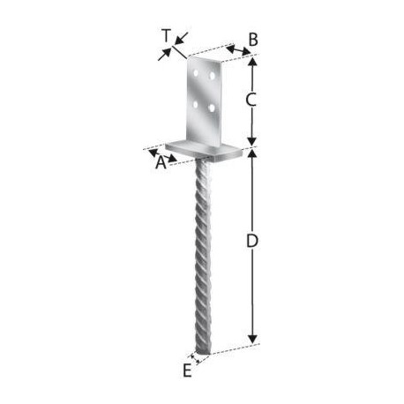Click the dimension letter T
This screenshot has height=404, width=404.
click(x=166, y=35)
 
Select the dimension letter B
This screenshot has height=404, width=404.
click(x=253, y=40)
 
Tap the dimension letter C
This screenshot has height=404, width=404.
click(x=251, y=100)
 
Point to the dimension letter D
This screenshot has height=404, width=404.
click(x=251, y=240)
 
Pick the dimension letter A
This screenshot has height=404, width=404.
click(x=161, y=162)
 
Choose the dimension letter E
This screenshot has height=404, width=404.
click(x=187, y=370)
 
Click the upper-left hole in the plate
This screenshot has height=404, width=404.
click(x=196, y=72)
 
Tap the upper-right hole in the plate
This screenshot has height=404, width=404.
click(x=212, y=76)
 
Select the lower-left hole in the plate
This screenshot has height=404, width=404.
click(x=195, y=104)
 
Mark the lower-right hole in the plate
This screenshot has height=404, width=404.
click(x=211, y=108)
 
